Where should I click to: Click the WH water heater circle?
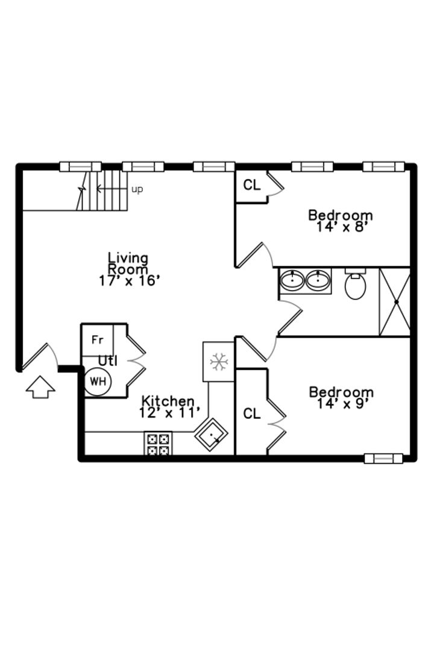point(98,381)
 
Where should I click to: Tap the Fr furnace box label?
point(97,340)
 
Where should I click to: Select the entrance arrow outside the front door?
point(40,387)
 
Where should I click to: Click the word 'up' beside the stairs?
point(137,189)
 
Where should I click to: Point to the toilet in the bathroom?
point(355,284)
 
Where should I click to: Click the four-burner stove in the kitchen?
point(158,444)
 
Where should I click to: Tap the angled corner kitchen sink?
point(211,435)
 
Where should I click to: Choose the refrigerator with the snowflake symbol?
point(218,362)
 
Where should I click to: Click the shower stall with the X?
point(395,302)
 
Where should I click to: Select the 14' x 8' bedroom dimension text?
point(342,227)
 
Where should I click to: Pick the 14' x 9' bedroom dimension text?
point(342,403)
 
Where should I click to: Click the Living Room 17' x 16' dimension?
point(129,281)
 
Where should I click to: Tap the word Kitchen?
point(168,401)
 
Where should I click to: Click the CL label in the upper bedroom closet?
point(252,185)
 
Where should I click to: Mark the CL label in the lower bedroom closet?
point(252,414)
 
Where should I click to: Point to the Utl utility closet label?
point(107,361)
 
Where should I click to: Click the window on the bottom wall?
point(383,458)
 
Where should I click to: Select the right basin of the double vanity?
point(318,280)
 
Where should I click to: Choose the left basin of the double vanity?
point(293,280)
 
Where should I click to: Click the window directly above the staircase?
point(81,166)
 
